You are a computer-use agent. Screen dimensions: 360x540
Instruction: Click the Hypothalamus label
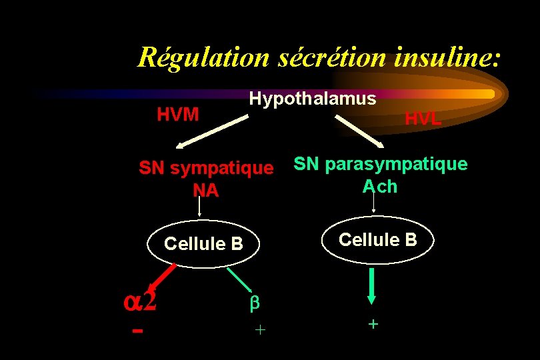[x=313, y=99]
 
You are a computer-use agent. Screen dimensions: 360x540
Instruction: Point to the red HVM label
[x=178, y=114]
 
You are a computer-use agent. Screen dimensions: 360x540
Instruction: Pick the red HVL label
[x=423, y=119]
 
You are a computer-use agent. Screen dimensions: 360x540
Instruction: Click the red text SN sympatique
[x=206, y=168]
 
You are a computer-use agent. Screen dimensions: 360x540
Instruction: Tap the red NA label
[x=205, y=191]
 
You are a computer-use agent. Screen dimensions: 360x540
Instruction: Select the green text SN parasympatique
[x=381, y=164]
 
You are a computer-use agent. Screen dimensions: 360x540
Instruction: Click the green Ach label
[x=380, y=186]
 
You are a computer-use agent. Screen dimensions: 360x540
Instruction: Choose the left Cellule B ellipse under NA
[x=204, y=243]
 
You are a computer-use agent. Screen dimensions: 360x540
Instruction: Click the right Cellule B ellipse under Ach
[x=377, y=239]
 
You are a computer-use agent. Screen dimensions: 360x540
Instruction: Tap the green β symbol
[x=253, y=303]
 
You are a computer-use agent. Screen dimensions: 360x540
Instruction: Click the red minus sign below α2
[x=137, y=331]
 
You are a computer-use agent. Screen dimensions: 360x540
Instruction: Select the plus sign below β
[x=260, y=329]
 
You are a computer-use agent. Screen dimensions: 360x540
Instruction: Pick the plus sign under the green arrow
[x=373, y=324]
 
